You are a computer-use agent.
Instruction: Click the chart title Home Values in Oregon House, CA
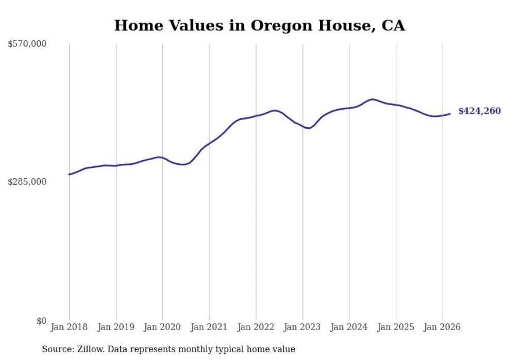[259, 25]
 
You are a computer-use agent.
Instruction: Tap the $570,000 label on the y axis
[27, 44]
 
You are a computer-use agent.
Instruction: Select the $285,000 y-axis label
[27, 182]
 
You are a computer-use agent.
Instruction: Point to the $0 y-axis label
[41, 321]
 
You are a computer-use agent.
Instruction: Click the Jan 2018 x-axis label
[69, 327]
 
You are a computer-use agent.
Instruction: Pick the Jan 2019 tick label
[115, 327]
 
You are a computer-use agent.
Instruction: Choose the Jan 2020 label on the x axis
[162, 327]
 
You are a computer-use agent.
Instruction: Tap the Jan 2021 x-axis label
[209, 327]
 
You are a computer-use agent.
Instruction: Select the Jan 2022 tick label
[256, 327]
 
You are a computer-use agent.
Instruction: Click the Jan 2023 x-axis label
[302, 327]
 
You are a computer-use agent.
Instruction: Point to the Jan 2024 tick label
[349, 327]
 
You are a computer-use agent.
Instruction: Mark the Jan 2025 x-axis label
[396, 327]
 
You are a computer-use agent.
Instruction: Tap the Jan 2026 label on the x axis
[442, 327]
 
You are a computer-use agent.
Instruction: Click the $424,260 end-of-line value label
[479, 111]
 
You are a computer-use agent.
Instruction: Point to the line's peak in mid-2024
[372, 99]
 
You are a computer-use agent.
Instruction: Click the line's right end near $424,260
[450, 114]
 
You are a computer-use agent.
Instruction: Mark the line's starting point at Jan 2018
[69, 175]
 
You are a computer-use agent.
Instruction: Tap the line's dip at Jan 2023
[308, 128]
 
